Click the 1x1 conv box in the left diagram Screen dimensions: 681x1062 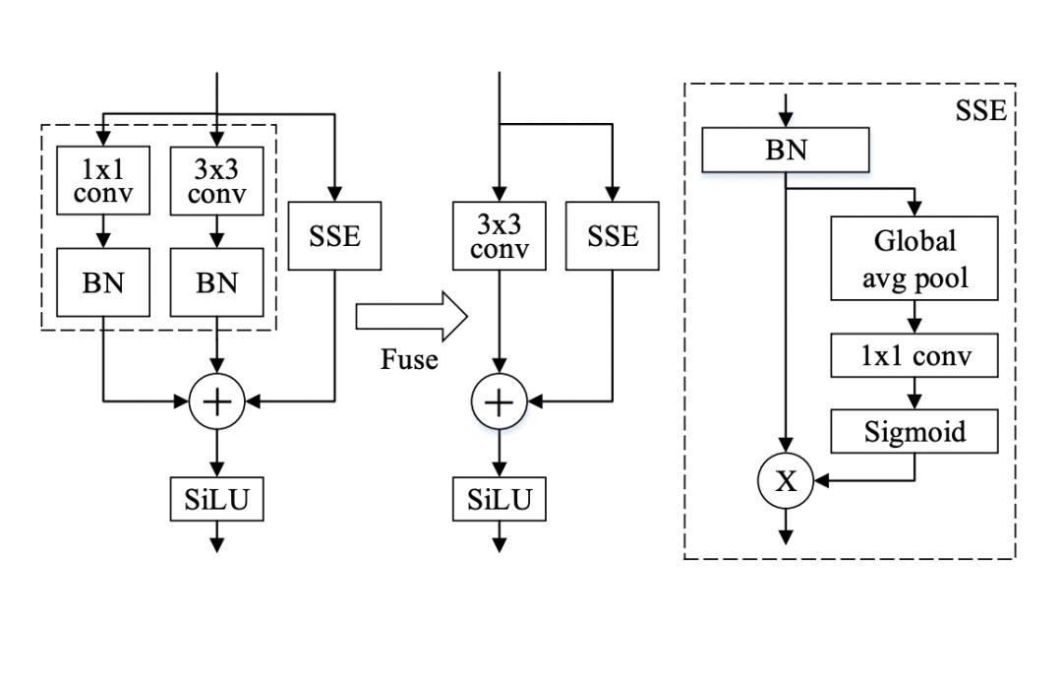coord(102,180)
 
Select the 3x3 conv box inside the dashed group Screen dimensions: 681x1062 coord(216,180)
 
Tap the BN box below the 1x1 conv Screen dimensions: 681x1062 coord(102,282)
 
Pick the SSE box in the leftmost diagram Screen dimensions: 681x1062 coord(336,235)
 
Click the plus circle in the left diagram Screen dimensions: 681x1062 coord(216,402)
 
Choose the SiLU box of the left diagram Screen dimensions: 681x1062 coord(216,501)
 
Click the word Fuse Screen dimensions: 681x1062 coord(409,359)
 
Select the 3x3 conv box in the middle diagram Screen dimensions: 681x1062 coord(500,235)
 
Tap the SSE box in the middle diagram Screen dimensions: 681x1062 coord(613,235)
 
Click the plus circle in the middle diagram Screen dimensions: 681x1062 coord(500,402)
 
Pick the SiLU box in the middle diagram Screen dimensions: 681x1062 coord(500,501)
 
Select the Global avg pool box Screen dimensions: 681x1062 coord(914,258)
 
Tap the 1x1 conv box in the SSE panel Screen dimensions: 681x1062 coord(914,355)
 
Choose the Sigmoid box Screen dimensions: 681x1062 coord(914,431)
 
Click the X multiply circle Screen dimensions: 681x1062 coord(785,481)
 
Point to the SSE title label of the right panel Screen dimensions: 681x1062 coord(980,110)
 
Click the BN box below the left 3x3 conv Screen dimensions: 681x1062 coord(216,282)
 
